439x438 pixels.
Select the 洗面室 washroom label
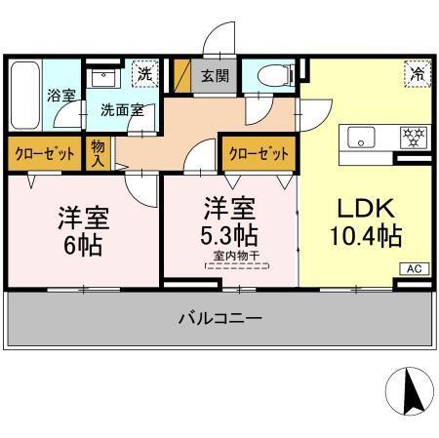[x=123, y=109]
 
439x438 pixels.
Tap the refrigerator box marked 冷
[x=416, y=73]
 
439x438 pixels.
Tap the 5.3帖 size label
[x=230, y=235]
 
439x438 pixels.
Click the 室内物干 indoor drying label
[x=230, y=256]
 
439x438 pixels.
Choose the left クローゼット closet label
[x=44, y=154]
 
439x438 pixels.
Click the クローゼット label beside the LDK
[x=259, y=154]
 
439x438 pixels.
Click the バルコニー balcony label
[x=220, y=318]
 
